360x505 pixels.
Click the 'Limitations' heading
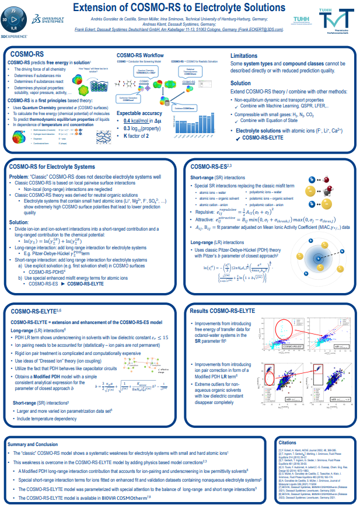click(246, 55)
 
